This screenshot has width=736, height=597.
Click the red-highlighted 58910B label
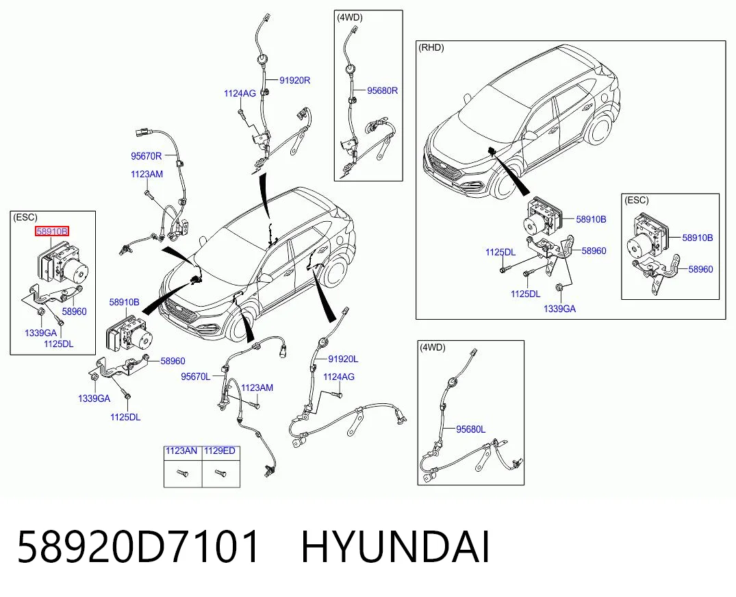click(52, 231)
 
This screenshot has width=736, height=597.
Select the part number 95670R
click(146, 156)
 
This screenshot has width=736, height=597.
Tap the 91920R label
click(295, 80)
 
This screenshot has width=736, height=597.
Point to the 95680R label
click(382, 90)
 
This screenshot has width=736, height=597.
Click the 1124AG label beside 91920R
click(240, 93)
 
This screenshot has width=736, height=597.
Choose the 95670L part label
click(196, 377)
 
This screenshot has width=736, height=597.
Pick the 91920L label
click(343, 359)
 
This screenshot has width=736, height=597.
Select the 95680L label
click(471, 429)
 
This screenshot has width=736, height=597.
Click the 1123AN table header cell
click(183, 451)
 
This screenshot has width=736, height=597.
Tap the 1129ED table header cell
click(220, 451)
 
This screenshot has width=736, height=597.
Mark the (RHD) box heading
click(431, 47)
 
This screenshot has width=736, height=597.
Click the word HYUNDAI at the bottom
click(395, 547)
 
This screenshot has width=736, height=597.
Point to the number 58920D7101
click(138, 547)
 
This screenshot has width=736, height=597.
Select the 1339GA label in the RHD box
click(559, 309)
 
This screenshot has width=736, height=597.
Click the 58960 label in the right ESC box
click(700, 269)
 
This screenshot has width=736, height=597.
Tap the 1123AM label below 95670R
click(147, 174)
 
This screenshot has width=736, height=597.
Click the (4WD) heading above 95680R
click(350, 17)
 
